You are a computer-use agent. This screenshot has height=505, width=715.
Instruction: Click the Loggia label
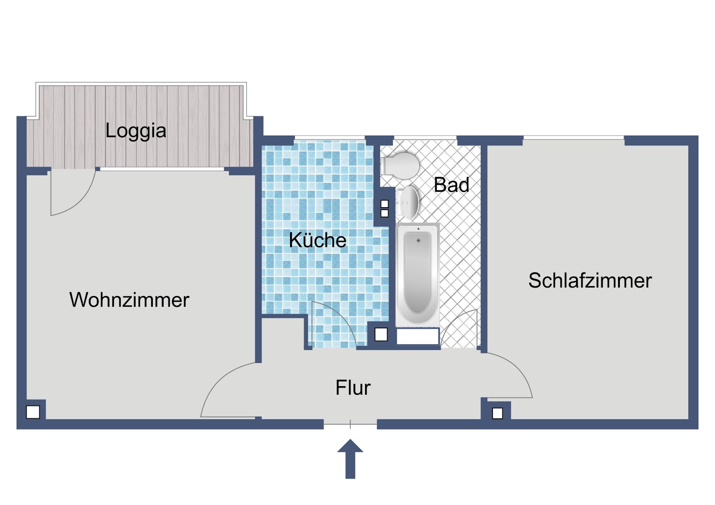tap(136, 131)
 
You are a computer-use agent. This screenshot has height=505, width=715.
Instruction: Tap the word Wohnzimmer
tap(129, 300)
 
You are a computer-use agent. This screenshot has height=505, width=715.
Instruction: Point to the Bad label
tap(451, 184)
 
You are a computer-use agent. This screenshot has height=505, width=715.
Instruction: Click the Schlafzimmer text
tap(590, 280)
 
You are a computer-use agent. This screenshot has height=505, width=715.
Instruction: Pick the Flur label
tap(353, 388)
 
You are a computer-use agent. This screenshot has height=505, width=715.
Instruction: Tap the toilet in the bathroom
tap(400, 166)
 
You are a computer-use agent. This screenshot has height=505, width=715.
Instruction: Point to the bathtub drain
tap(418, 240)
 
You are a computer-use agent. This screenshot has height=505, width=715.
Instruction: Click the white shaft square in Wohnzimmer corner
tap(33, 412)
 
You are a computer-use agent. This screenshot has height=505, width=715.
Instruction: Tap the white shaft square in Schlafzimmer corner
tap(497, 413)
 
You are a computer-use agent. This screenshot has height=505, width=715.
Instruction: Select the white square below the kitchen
tap(381, 334)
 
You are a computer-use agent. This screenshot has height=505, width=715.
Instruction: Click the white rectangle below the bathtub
tap(417, 336)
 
